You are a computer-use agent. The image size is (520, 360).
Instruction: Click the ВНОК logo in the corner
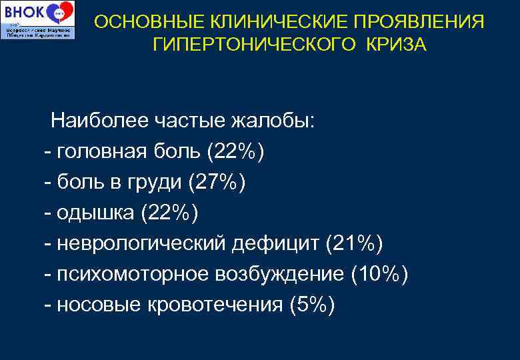coord(38,19)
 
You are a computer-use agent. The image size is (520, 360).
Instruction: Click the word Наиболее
coord(99,121)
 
